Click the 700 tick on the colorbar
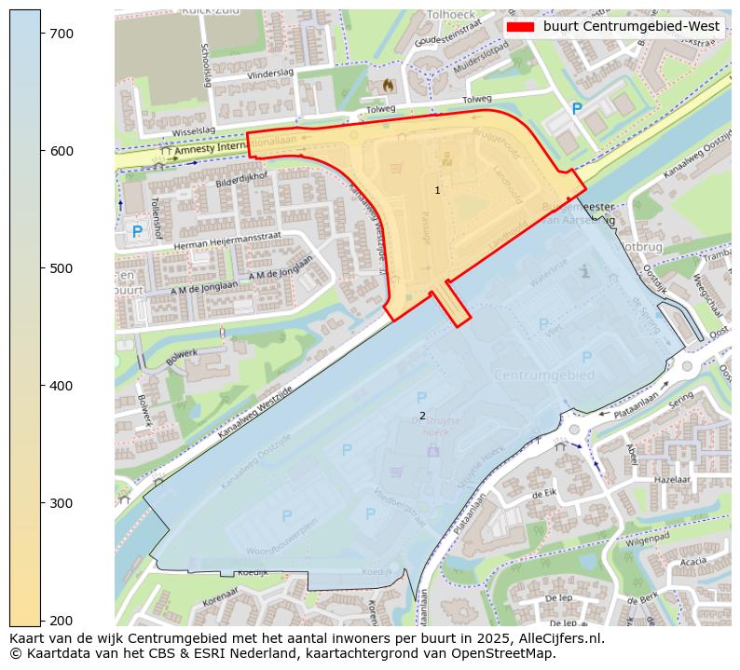pos(61,34)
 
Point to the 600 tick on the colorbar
pos(61,151)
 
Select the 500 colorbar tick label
pos(61,268)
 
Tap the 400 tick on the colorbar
pos(61,386)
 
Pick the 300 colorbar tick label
pos(61,503)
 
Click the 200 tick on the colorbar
pos(61,621)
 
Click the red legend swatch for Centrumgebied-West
pos(519,26)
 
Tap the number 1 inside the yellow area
pos(437,190)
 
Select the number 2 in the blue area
pos(422,416)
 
